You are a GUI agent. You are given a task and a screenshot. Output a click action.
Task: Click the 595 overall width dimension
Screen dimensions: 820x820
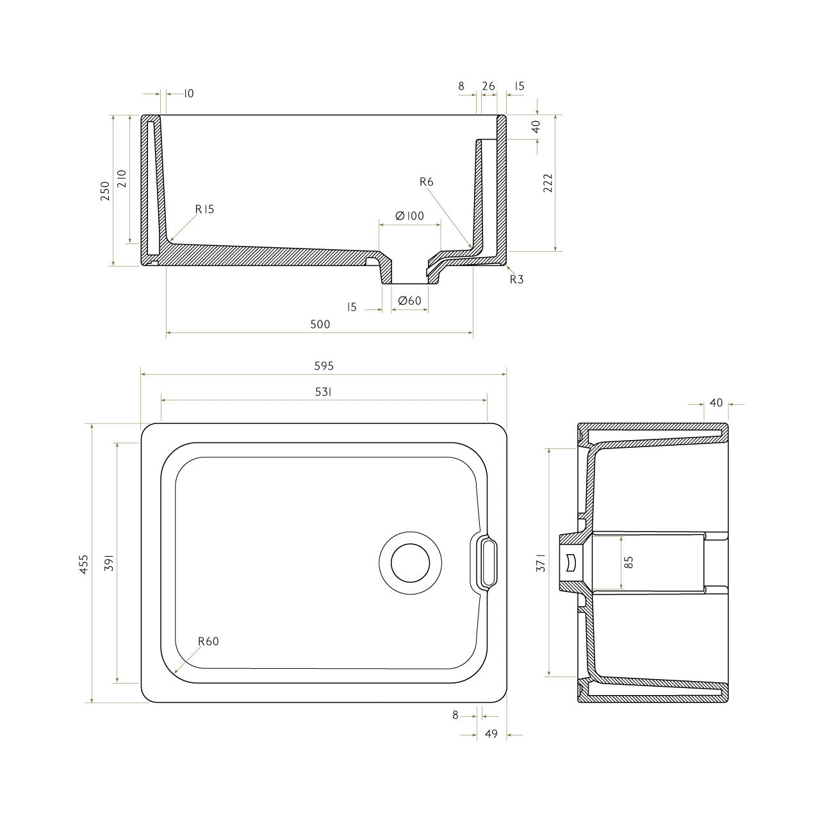(324, 366)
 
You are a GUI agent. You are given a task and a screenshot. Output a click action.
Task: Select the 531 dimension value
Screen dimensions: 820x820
(324, 392)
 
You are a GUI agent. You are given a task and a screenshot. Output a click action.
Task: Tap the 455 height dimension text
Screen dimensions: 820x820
(84, 564)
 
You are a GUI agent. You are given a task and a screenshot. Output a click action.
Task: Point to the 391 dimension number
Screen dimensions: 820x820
(110, 562)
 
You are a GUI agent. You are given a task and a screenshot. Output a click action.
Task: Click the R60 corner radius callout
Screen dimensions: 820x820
(208, 641)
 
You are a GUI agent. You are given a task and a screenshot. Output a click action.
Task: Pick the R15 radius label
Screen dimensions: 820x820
(204, 209)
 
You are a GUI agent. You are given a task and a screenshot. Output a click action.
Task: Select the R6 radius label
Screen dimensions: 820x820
(426, 182)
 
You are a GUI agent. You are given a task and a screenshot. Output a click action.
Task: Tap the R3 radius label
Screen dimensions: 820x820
(516, 279)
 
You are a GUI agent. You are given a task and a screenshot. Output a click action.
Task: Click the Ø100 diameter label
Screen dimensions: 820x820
(410, 216)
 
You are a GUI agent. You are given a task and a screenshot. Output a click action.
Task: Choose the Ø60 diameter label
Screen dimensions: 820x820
(409, 301)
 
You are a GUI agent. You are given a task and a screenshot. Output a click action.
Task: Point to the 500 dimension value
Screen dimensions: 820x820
(320, 324)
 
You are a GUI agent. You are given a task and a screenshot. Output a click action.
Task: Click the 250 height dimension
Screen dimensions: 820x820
(105, 191)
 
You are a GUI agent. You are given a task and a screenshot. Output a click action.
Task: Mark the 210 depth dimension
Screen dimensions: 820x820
(122, 179)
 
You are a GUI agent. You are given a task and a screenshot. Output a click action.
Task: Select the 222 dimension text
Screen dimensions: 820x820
(548, 183)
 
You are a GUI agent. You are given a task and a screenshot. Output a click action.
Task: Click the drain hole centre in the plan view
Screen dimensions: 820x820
(410, 563)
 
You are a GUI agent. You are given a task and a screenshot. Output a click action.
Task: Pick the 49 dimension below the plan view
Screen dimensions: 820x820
(491, 734)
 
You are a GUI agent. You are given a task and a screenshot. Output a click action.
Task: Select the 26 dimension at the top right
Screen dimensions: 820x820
(489, 86)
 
